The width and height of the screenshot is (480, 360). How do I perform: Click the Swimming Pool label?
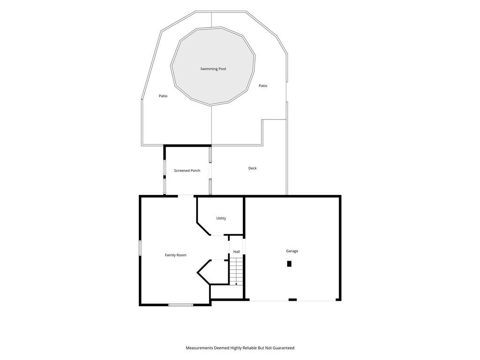click(x=213, y=69)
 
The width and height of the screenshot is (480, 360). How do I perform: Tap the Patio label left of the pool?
click(x=163, y=96)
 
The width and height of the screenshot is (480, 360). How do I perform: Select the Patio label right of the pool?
click(x=263, y=86)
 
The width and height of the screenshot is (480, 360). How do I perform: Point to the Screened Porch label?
click(x=187, y=171)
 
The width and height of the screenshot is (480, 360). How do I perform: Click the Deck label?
click(x=253, y=168)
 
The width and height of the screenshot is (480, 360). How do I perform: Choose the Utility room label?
click(x=221, y=218)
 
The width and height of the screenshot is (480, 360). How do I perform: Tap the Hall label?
click(x=237, y=252)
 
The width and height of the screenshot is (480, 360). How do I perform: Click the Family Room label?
click(x=175, y=255)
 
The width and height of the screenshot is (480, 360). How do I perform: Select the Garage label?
click(x=292, y=251)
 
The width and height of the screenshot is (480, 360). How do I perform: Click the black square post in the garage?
click(x=289, y=263)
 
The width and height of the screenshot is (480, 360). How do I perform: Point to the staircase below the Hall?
click(x=236, y=271)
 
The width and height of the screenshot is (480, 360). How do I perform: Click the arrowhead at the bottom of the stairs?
click(x=236, y=284)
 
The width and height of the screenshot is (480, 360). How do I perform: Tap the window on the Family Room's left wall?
click(x=140, y=248)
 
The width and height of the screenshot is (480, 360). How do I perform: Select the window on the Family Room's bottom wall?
click(x=180, y=305)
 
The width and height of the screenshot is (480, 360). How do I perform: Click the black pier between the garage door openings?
click(x=292, y=300)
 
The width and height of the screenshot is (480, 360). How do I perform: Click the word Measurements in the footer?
click(x=199, y=348)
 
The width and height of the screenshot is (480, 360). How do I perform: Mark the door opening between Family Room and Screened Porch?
click(x=186, y=195)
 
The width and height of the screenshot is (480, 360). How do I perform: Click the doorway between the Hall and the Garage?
click(x=244, y=246)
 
